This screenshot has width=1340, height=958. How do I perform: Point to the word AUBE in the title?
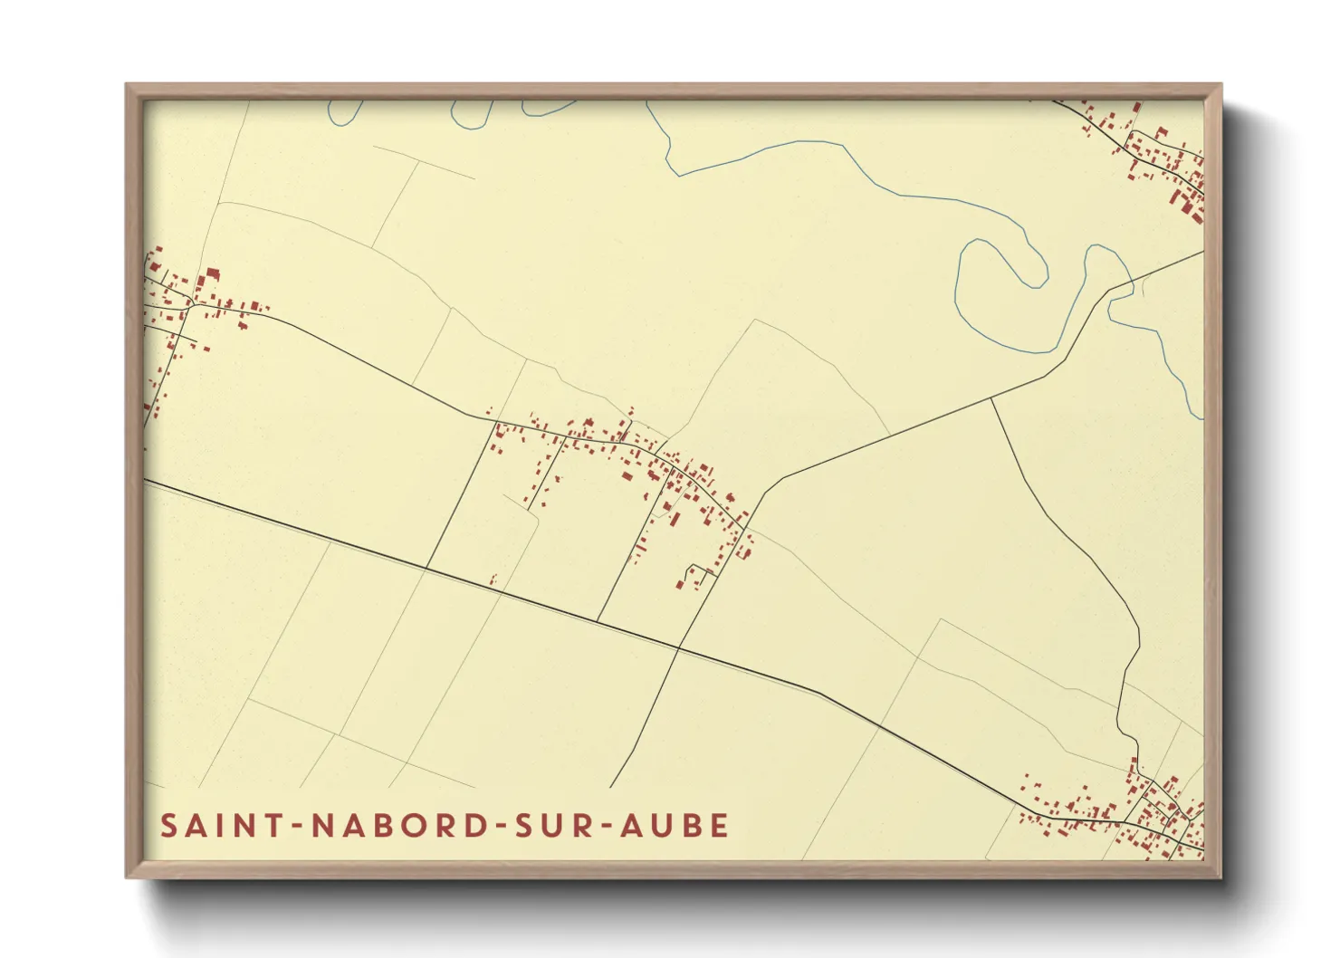[675, 826]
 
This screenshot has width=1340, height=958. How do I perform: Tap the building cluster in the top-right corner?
[1159, 163]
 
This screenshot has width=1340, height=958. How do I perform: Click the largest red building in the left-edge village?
[213, 274]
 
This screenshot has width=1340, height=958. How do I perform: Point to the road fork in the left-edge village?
[188, 306]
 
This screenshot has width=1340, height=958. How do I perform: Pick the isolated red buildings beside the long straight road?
[493, 580]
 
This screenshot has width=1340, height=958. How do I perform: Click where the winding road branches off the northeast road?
[991, 398]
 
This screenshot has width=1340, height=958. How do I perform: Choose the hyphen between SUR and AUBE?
[604, 827]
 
